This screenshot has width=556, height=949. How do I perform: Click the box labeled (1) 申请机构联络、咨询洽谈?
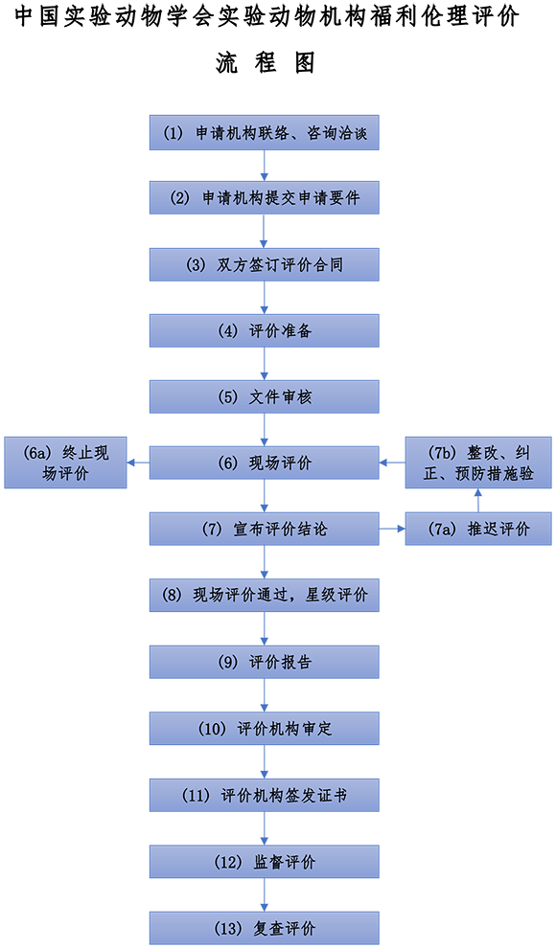264,132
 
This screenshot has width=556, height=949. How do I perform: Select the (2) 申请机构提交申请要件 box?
264,198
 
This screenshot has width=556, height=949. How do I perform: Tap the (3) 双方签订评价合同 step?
264,264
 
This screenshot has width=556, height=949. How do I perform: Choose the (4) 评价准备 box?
264,330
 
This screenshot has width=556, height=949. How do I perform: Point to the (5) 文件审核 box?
264,397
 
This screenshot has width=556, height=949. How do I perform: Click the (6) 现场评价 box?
264,463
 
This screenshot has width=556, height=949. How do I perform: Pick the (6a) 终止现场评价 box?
65,463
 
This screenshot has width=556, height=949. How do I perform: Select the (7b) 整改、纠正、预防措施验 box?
478,463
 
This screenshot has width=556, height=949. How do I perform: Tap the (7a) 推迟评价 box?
478,529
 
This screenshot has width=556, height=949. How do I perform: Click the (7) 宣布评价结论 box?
264,529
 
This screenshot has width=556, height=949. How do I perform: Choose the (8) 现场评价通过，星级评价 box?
264,595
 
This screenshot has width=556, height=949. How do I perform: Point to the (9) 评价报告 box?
264,662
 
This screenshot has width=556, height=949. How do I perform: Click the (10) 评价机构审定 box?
264,728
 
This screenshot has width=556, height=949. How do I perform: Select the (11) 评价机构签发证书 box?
264,795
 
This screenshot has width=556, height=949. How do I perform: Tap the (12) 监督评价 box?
264,861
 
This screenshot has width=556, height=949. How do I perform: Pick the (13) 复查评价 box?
264,928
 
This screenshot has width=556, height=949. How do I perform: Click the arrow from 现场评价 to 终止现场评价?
139,463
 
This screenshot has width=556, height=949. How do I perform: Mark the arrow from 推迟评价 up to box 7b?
478,501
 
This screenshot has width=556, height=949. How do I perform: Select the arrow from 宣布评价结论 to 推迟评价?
392,529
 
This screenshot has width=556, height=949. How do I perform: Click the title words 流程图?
265,62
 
